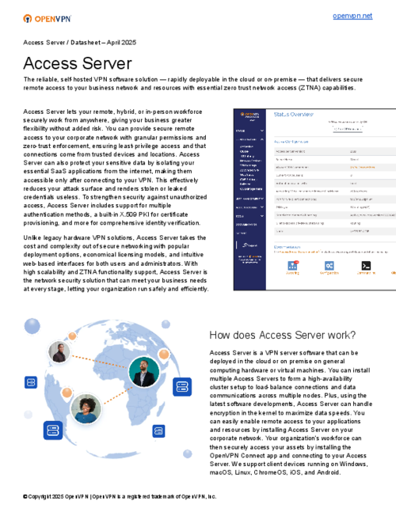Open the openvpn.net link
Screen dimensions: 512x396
352,16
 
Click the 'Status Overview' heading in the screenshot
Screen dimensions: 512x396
294,114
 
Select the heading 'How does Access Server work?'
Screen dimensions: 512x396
283,335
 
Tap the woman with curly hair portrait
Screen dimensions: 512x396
85,408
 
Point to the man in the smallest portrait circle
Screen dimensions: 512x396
59,352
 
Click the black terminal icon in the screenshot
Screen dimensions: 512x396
367,266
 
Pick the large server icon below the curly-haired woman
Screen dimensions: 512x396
54,430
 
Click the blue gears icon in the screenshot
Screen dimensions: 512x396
329,267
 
